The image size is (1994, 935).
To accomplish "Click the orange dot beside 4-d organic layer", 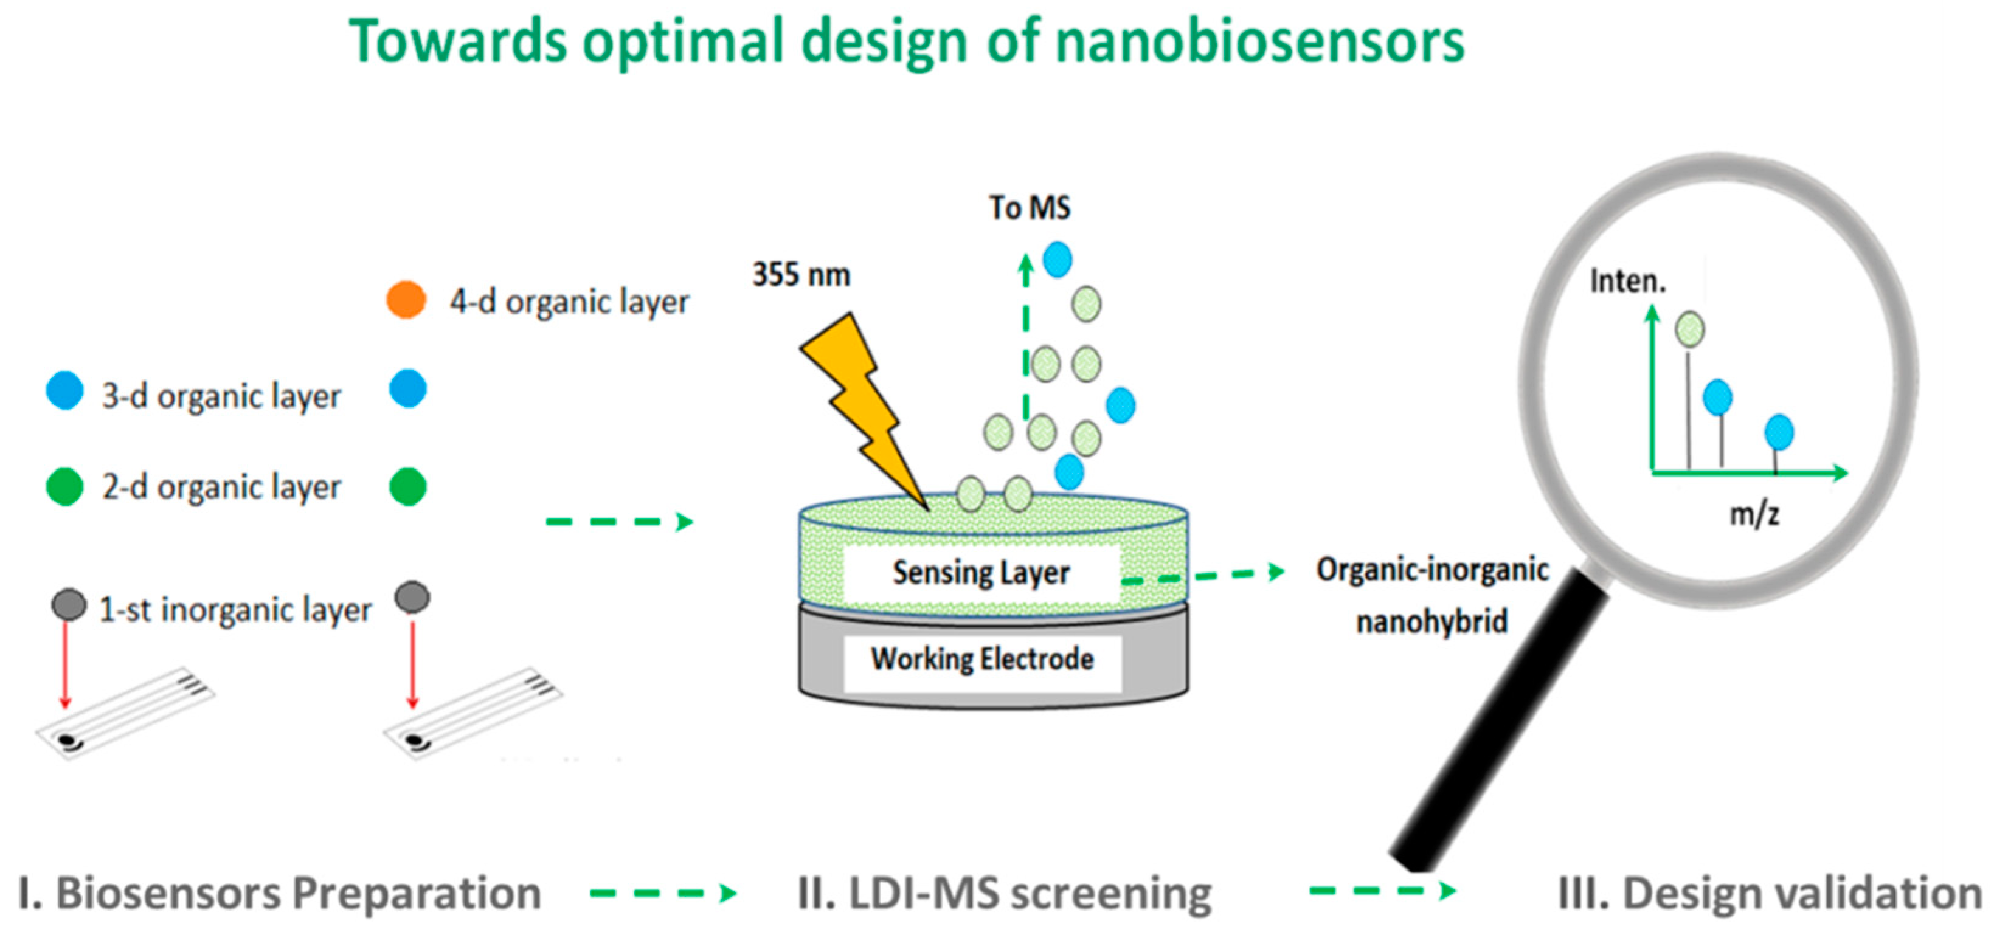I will tap(406, 300).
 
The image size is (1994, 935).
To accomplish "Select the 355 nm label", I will tap(801, 275).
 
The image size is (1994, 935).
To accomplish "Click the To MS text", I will tap(1030, 207).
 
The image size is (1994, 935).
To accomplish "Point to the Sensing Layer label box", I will tap(981, 573).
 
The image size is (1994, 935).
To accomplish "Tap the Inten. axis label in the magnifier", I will tap(1627, 281).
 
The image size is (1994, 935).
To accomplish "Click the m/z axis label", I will tap(1754, 514).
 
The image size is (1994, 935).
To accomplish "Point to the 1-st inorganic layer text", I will tap(235, 610).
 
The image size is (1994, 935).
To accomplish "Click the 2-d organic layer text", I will tap(221, 487).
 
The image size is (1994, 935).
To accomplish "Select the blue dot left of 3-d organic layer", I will tap(65, 390).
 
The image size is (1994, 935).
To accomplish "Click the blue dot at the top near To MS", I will tap(1058, 260).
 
